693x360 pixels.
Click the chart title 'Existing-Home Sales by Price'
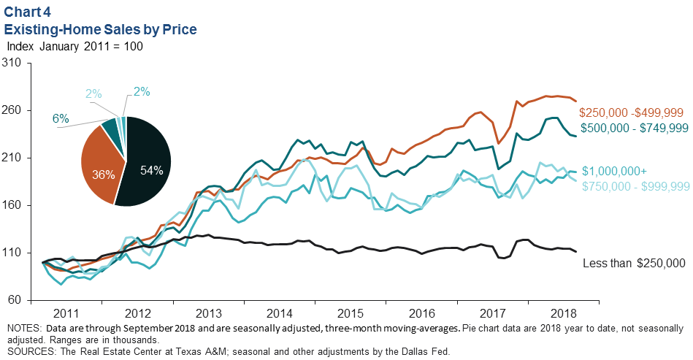click(101, 29)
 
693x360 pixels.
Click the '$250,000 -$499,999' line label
click(631, 112)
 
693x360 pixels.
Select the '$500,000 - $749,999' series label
click(632, 128)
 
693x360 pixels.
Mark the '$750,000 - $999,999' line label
click(633, 185)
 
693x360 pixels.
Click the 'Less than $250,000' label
click(634, 263)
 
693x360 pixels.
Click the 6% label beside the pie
click(60, 119)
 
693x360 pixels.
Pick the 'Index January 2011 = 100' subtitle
click(74, 46)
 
